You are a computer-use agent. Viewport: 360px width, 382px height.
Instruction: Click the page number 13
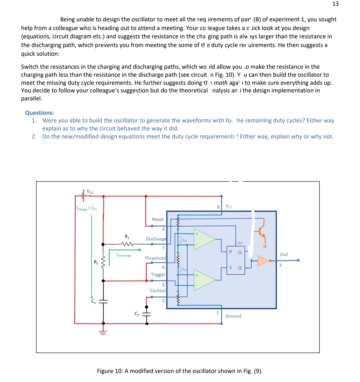335,4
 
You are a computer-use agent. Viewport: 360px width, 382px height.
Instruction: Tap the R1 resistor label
127,237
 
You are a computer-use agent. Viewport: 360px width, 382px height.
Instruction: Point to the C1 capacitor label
94,302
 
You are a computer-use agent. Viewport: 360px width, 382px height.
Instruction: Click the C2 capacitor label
137,314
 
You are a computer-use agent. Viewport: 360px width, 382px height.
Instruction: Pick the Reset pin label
158,219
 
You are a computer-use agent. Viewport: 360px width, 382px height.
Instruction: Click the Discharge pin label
156,239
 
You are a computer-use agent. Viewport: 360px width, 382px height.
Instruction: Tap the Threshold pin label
155,258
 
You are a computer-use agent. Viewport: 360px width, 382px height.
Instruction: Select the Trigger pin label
158,275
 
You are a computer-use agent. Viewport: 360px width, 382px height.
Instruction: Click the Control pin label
157,291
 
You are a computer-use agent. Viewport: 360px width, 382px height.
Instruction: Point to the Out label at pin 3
284,254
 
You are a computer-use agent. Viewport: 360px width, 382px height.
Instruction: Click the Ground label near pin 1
233,316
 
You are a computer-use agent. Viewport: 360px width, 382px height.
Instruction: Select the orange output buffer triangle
263,261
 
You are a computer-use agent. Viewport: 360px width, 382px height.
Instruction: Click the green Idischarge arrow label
124,256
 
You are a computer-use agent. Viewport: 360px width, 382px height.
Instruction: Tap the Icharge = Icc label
85,209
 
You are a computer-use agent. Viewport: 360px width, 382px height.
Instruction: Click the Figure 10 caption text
180,371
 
